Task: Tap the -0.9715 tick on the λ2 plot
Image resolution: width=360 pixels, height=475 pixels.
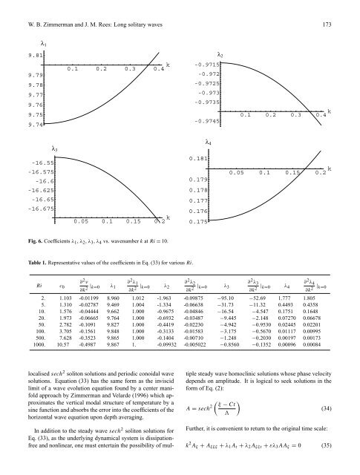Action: [x=205, y=64]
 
